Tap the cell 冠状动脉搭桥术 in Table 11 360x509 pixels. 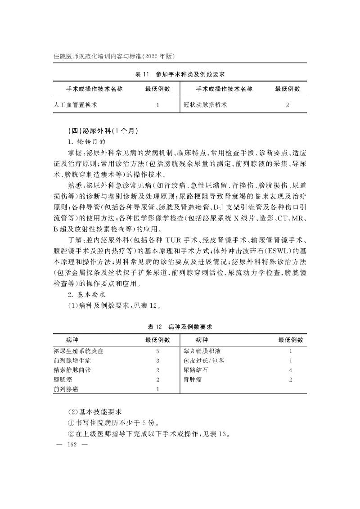205,105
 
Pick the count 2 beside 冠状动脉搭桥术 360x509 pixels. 288,105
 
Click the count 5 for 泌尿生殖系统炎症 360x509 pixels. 157,351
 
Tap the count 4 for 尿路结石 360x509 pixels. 291,370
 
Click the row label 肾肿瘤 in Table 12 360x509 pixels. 192,380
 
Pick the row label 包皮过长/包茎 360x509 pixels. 203,360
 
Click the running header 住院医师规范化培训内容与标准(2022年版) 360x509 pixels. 114,56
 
